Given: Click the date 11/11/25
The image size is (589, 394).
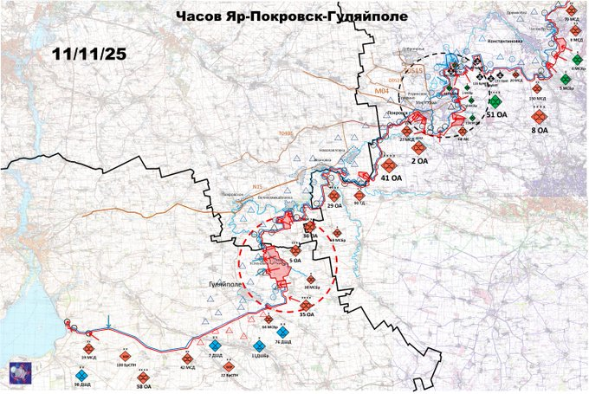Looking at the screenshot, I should (88, 54).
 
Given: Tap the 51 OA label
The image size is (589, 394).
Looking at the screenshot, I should (497, 114).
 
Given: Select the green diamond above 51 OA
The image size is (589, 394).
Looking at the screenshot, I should (494, 100).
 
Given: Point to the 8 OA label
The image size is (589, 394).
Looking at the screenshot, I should (539, 130).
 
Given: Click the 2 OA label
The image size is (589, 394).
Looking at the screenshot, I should (420, 161).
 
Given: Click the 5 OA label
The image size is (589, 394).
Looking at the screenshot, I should (294, 259).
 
